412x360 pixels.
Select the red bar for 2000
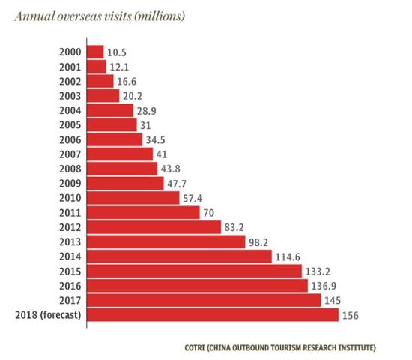(x=95, y=52)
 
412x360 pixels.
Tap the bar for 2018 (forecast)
(x=213, y=314)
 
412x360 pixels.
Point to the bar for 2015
(x=194, y=271)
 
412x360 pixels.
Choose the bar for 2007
(x=120, y=154)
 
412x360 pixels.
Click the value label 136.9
(x=325, y=286)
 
